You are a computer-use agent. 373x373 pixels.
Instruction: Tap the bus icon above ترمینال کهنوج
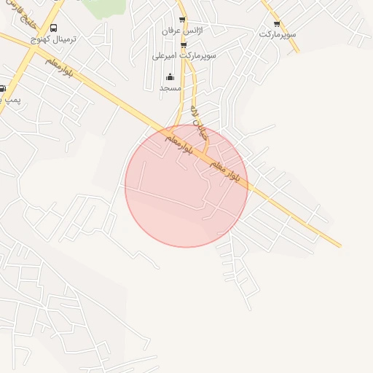[54, 28]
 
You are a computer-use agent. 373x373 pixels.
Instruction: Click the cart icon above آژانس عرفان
[182, 20]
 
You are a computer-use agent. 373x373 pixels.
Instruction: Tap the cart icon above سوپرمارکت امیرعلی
[184, 45]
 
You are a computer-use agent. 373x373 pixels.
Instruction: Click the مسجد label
[170, 87]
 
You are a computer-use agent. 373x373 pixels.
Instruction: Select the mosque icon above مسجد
[170, 76]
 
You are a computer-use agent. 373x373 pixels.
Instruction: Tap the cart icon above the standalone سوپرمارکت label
[277, 24]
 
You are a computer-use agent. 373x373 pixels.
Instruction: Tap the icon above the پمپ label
[2, 88]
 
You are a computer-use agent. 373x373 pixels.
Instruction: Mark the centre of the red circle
[186, 186]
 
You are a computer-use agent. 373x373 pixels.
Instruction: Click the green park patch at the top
[103, 7]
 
